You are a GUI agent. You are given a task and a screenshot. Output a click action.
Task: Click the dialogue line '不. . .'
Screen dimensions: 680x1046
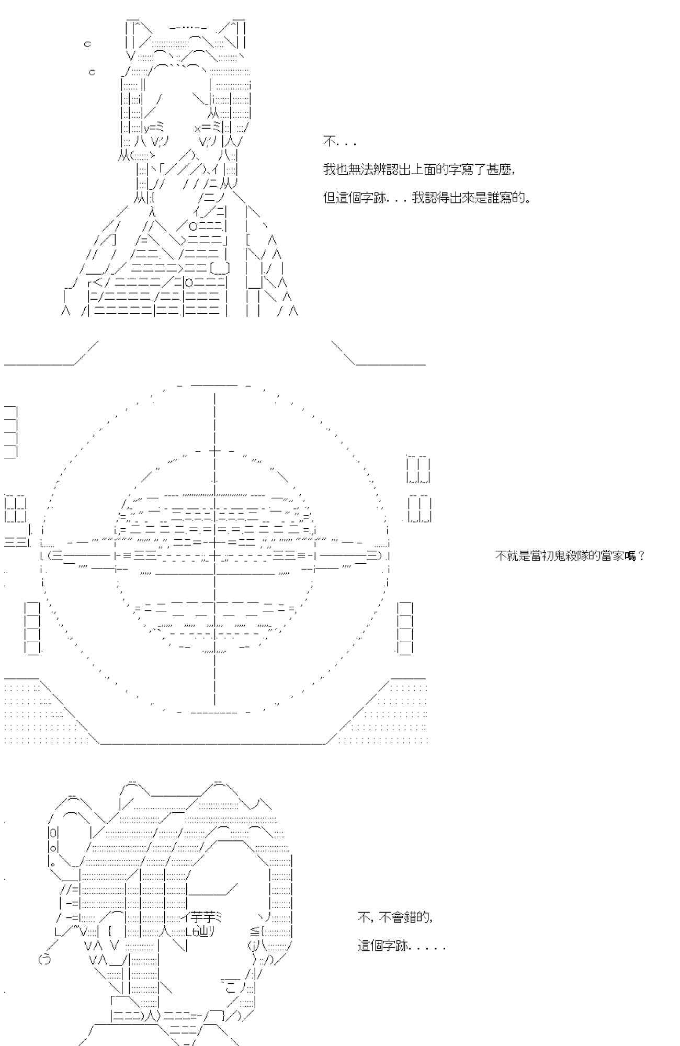point(339,142)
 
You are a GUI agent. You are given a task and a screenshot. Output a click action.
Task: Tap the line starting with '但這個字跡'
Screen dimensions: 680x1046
point(427,198)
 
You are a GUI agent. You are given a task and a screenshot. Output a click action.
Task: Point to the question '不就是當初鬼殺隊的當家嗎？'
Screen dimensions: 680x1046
point(570,555)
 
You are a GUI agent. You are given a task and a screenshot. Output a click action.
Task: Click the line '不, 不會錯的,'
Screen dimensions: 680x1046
point(395,917)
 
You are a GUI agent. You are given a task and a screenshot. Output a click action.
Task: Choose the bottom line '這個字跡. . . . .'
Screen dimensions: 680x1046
point(401,946)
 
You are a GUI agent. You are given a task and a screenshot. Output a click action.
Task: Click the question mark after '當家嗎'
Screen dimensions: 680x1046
point(641,556)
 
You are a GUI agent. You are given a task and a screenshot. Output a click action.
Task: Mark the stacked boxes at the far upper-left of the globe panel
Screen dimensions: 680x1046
point(11,433)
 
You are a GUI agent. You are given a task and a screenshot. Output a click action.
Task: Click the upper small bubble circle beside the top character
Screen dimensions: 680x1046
point(87,44)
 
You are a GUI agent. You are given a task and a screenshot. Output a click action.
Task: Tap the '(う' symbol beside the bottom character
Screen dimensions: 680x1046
point(45,959)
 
